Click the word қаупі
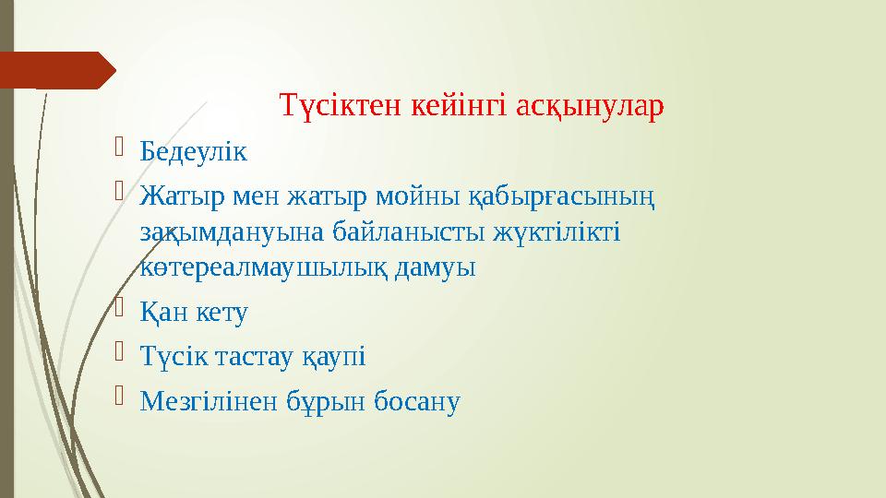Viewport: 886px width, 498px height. [x=341, y=357]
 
